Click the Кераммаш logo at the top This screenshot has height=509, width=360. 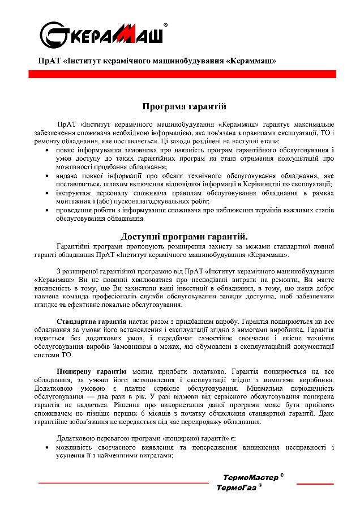pyautogui.click(x=102, y=35)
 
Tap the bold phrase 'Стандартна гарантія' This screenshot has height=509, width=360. pyautogui.click(x=84, y=321)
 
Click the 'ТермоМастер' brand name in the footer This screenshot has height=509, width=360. pyautogui.click(x=250, y=477)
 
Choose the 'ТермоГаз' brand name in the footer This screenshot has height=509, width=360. pyautogui.click(x=236, y=487)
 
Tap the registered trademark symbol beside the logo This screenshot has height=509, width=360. pyautogui.click(x=165, y=25)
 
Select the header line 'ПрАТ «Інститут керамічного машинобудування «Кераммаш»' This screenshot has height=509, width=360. pyautogui.click(x=157, y=60)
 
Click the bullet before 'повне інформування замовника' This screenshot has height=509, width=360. pyautogui.click(x=46, y=151)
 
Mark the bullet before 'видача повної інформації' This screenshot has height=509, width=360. pyautogui.click(x=46, y=176)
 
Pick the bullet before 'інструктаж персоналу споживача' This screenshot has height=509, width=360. pyautogui.click(x=46, y=193)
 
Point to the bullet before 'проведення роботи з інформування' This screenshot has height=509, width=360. pyautogui.click(x=46, y=210)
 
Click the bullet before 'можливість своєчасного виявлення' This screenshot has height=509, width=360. pyautogui.click(x=46, y=448)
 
